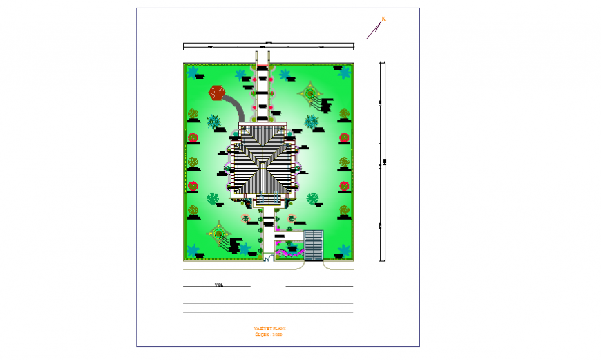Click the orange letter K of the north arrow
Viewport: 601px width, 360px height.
tap(383, 19)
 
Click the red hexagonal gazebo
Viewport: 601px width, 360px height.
tap(217, 93)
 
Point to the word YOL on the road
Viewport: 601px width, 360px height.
tap(219, 285)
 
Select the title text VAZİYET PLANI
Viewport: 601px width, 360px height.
tap(269, 328)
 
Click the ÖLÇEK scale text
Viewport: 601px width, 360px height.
tap(269, 334)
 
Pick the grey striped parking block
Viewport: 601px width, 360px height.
tap(314, 245)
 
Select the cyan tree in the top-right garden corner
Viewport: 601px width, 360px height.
tap(344, 72)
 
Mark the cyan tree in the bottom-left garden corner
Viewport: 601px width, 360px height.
tap(193, 251)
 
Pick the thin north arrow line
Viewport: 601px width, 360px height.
tap(374, 30)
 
